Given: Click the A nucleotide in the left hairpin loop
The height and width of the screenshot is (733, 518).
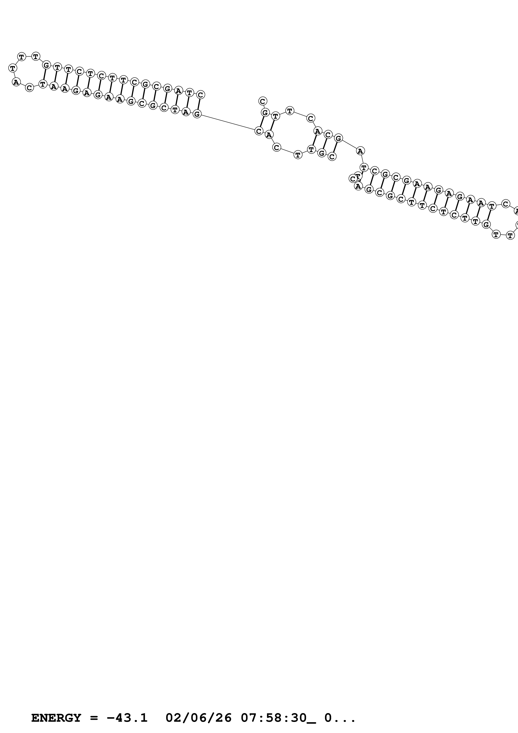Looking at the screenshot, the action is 16,82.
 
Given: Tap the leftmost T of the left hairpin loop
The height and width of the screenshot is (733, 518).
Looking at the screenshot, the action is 13,68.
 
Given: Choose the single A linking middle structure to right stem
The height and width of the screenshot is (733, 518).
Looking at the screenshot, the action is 360,151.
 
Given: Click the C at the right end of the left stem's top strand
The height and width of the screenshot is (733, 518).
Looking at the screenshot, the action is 200,94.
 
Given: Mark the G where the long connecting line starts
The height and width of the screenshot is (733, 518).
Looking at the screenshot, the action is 197,114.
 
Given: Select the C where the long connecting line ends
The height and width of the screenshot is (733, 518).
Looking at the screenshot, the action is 259,131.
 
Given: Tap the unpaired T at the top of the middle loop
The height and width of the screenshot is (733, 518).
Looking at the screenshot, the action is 289,111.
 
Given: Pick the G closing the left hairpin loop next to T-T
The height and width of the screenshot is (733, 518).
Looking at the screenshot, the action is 46,65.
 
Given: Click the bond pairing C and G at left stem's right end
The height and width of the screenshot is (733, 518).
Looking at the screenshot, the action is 199,104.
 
